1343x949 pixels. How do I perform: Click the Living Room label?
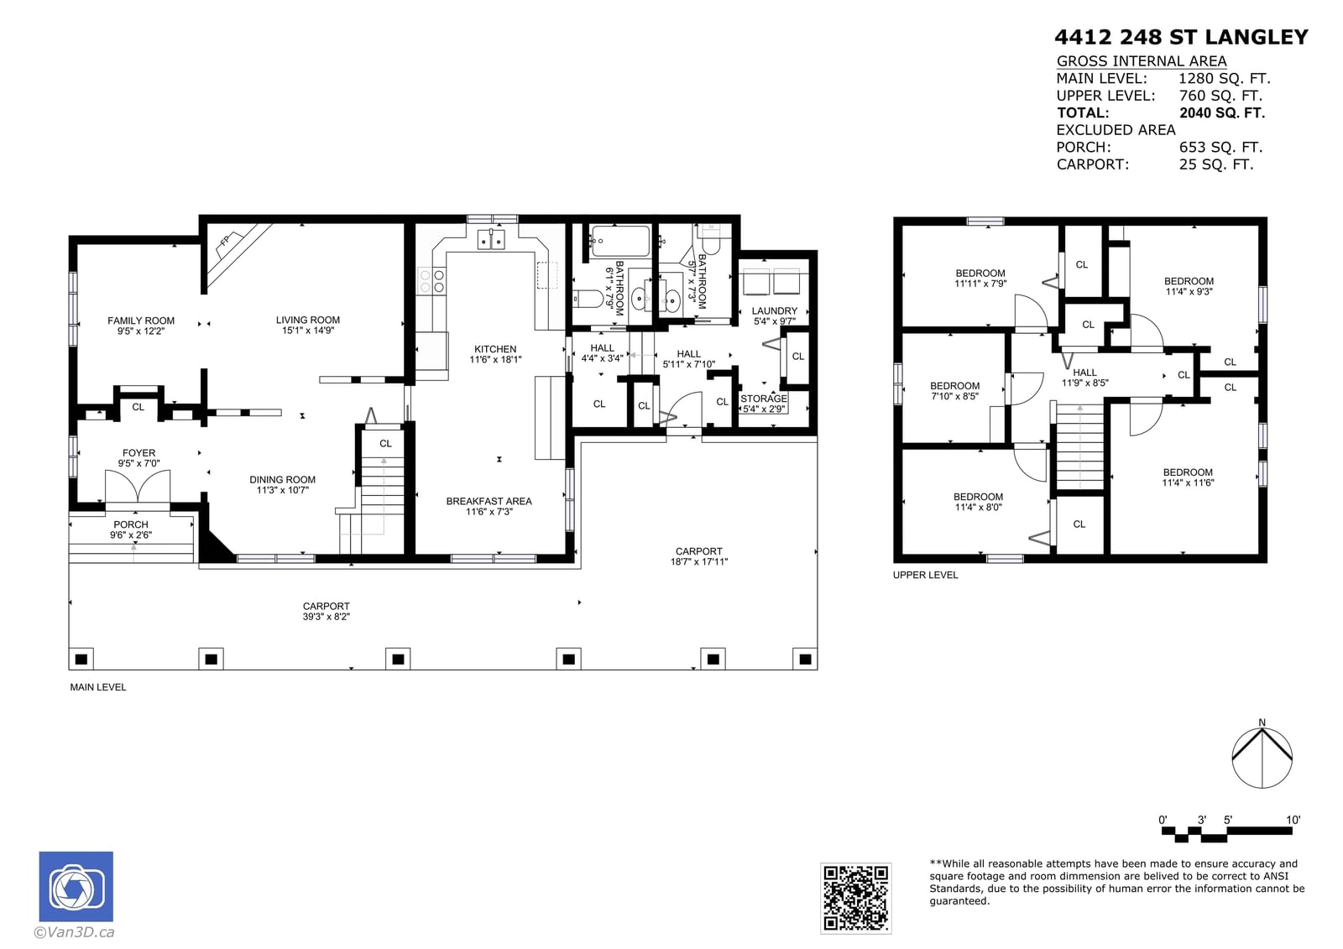307,325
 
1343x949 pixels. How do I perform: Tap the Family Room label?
141,326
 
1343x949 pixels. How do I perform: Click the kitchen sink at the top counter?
491,238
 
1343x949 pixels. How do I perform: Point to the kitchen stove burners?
431,280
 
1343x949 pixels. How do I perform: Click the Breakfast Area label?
489,506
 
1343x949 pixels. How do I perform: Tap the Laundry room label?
775,315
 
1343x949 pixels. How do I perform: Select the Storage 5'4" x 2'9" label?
764,404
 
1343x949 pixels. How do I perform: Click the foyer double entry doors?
138,486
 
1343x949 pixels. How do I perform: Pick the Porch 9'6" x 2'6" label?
131,529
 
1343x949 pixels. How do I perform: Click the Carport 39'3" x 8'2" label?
327,611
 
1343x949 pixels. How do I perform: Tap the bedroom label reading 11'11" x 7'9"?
980,279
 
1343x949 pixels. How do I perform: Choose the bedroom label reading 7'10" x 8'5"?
954,391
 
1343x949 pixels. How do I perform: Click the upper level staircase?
1079,447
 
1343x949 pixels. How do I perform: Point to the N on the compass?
1262,722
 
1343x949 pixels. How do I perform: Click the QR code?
855,898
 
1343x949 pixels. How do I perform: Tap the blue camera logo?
76,886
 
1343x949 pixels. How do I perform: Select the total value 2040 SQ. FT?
1222,112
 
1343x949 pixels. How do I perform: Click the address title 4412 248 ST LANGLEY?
1181,37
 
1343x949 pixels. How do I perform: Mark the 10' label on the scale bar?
1293,820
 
